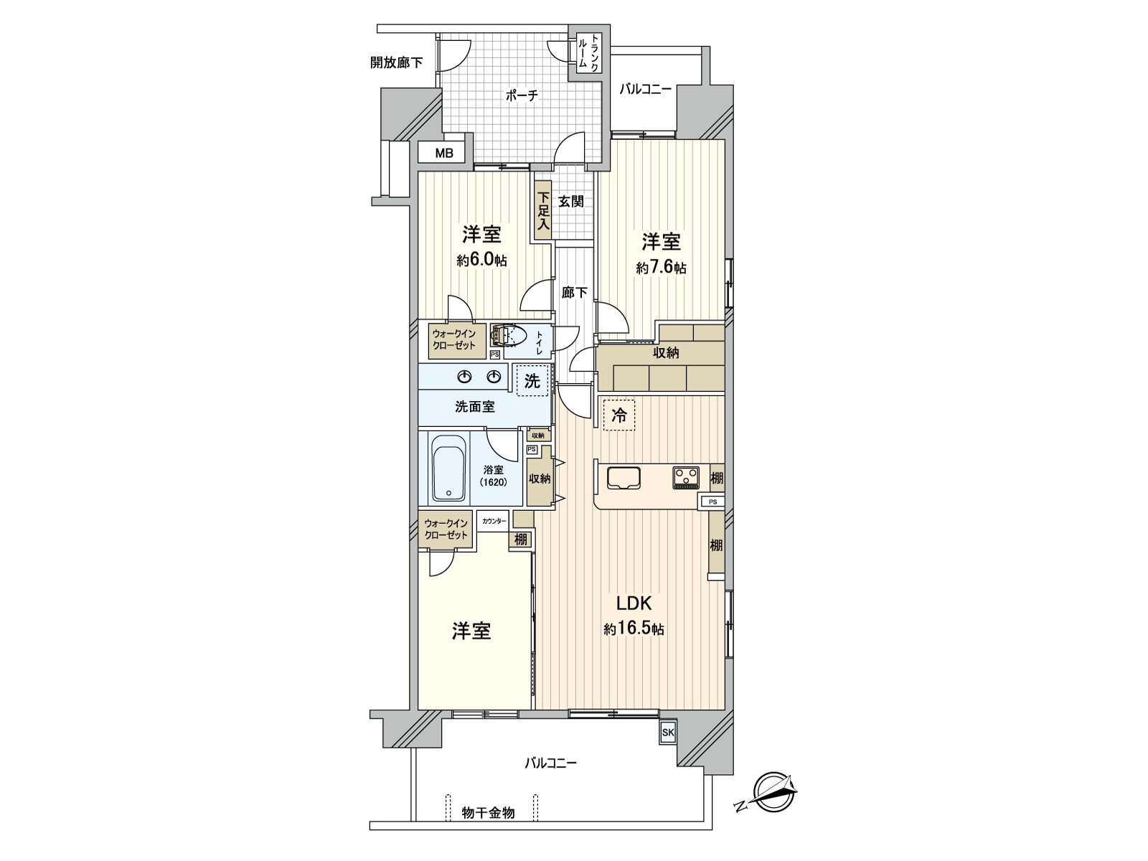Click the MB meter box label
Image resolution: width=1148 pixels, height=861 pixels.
(x=444, y=153)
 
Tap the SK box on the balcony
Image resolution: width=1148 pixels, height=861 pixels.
(x=668, y=733)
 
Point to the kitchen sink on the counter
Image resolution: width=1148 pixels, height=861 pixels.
(x=624, y=477)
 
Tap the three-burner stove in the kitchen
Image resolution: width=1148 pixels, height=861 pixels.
(x=685, y=476)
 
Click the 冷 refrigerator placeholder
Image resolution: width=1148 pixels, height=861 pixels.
(x=618, y=415)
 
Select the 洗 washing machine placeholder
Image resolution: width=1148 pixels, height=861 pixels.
(x=532, y=380)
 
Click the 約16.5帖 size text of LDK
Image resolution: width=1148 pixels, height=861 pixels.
(x=634, y=629)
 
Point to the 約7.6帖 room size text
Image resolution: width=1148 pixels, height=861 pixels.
(x=661, y=268)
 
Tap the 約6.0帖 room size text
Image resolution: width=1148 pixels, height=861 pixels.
(x=481, y=260)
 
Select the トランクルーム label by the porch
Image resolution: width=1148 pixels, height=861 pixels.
(x=589, y=53)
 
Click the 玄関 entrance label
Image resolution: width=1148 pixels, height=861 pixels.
(x=572, y=202)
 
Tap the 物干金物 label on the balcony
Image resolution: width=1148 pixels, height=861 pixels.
(x=488, y=813)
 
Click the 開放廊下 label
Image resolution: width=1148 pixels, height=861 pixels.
(x=396, y=62)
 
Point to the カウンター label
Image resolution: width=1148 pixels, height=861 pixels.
(x=494, y=521)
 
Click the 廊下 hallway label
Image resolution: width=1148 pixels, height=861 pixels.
(x=575, y=292)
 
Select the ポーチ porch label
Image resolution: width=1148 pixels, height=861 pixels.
(x=522, y=95)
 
